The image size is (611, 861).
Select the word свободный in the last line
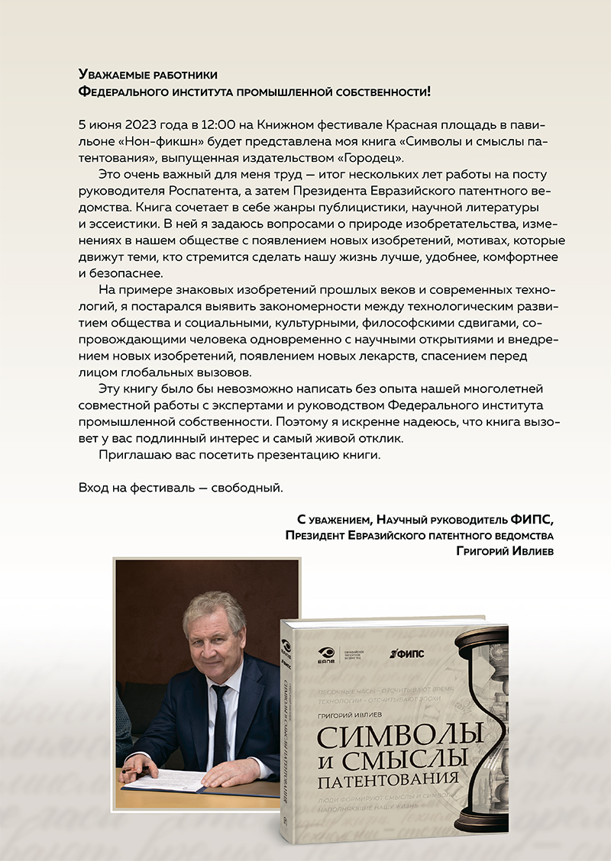point(250,487)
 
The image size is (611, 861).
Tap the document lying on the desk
point(164,780)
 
